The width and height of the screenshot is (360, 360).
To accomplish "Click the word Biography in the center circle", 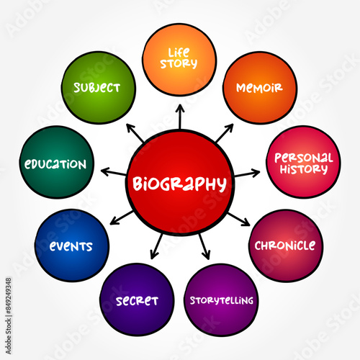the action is (x=179, y=184).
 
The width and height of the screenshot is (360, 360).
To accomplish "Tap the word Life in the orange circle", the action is (x=179, y=53).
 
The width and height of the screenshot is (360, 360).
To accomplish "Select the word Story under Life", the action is (x=179, y=64).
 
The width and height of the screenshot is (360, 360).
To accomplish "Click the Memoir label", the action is (x=259, y=88).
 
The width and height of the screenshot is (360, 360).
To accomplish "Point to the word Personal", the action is (x=304, y=158).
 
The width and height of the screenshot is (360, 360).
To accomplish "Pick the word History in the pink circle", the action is (x=304, y=169).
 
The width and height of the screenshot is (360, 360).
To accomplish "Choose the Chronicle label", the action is (x=285, y=246).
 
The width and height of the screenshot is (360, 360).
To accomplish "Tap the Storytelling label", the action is (x=222, y=300).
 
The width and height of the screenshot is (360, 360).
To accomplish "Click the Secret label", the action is (x=137, y=301).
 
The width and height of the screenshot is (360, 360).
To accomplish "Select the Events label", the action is (x=71, y=246).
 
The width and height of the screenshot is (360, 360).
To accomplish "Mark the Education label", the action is (x=55, y=164).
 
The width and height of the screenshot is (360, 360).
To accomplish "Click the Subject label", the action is (x=97, y=88).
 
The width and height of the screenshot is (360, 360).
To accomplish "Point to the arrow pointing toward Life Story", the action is (x=180, y=117).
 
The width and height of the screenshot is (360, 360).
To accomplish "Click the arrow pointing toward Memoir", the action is (x=225, y=132).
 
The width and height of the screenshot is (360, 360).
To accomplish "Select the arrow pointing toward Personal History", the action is (x=247, y=174).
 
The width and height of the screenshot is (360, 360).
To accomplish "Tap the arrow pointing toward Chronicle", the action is (x=239, y=219).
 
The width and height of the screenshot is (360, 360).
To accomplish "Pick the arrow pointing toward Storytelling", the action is (x=204, y=246).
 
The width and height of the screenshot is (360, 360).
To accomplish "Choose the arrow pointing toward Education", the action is (x=114, y=171).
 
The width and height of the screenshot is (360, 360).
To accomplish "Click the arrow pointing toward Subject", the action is (x=135, y=132).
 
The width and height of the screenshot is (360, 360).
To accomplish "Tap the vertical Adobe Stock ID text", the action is (x=9, y=316).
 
